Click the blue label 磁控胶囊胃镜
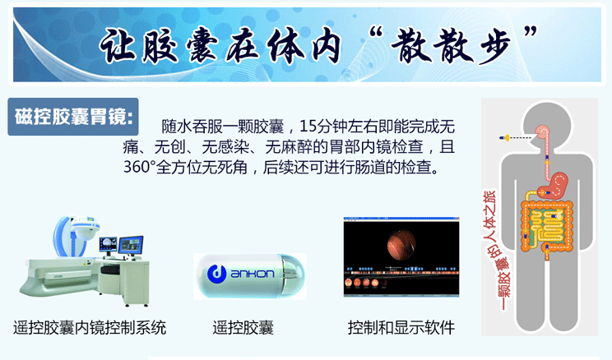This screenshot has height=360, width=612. click(73, 117)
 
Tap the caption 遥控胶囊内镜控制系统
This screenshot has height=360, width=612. click(90, 327)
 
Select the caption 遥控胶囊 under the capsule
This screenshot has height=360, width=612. click(243, 327)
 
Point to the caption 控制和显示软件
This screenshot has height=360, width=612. click(401, 327)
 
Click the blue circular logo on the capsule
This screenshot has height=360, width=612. click(216, 274)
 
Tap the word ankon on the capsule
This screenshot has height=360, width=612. click(253, 274)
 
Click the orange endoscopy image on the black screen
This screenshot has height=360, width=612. click(401, 245)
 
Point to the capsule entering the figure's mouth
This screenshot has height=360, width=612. click(505, 138)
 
